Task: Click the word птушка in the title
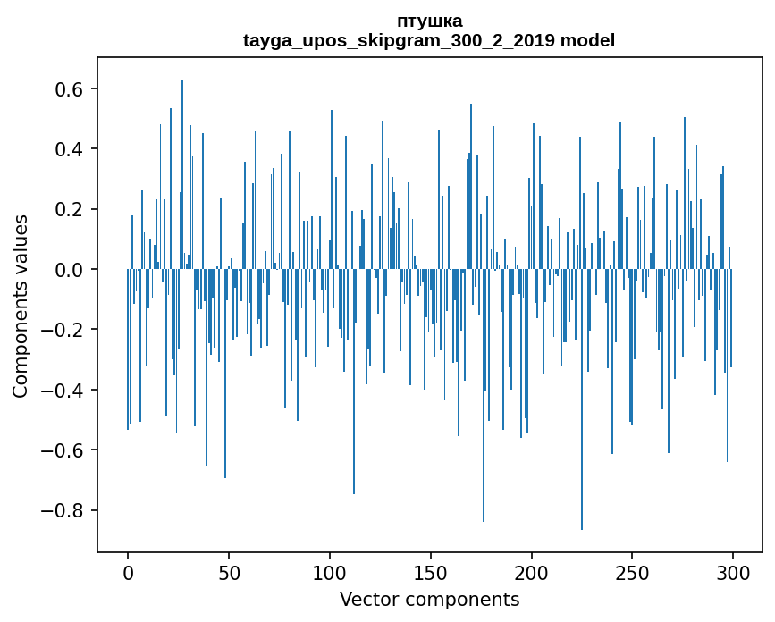click(429, 21)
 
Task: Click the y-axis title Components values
click(21, 306)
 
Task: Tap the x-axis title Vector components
click(429, 599)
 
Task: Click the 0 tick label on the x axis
click(128, 572)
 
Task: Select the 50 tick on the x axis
click(229, 572)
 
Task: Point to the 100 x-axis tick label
click(330, 572)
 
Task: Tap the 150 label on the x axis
click(431, 572)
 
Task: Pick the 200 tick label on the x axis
click(532, 572)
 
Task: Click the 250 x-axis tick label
click(633, 572)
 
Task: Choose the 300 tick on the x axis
click(733, 572)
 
